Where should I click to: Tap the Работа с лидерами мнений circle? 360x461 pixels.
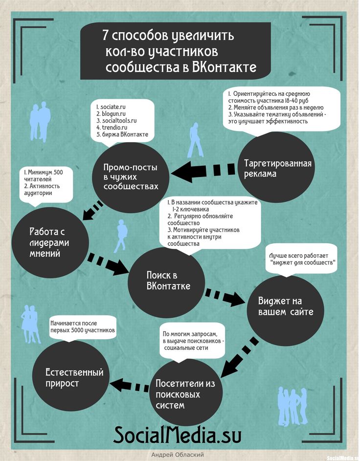coord(49,242)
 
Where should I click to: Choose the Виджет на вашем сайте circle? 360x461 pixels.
coord(286,306)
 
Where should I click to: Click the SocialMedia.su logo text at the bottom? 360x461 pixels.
coord(178,435)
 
